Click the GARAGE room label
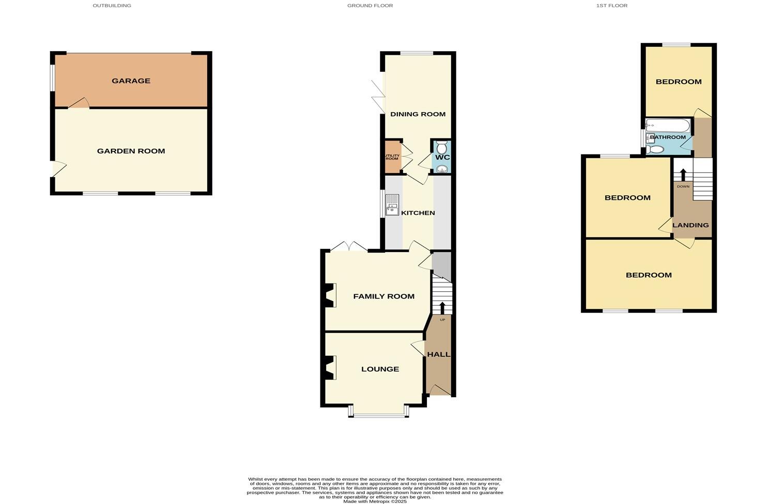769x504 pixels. tap(131, 81)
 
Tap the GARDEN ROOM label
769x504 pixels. tap(131, 151)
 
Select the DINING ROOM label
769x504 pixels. tap(418, 114)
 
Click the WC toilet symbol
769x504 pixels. tap(441, 147)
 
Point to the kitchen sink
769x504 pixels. tap(392, 204)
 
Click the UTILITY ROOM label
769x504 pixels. tap(392, 156)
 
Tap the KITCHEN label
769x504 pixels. tap(418, 213)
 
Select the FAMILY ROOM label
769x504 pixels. tap(383, 296)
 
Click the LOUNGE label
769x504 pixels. tap(380, 369)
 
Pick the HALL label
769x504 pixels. tap(438, 354)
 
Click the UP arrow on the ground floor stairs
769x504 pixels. tap(442, 308)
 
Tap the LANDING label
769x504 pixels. tap(690, 225)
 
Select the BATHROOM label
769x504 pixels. tap(668, 137)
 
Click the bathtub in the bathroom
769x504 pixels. tap(667, 125)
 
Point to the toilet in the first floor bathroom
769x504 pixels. tap(655, 149)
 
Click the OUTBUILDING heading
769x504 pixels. tap(112, 6)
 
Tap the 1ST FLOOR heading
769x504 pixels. tap(611, 6)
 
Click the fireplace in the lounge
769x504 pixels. tap(329, 368)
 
